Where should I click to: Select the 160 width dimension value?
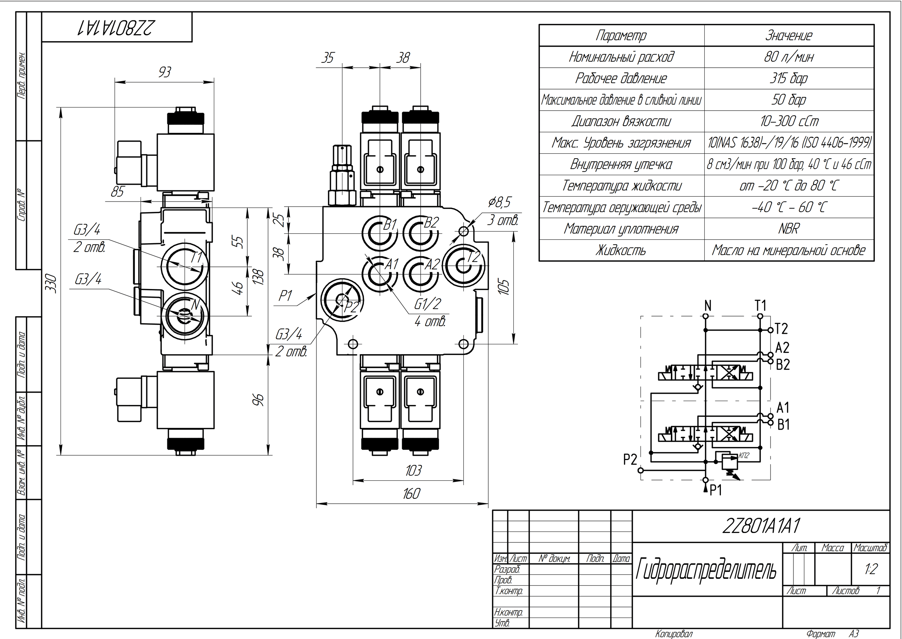click(x=412, y=493)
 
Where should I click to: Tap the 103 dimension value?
click(x=413, y=470)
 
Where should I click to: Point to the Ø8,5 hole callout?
click(x=499, y=203)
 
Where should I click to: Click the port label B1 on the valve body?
click(x=390, y=225)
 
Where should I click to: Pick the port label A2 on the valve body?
click(x=432, y=264)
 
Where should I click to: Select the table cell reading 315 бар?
click(x=788, y=78)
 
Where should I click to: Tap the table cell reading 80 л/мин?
click(x=788, y=57)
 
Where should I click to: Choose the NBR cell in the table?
click(x=788, y=229)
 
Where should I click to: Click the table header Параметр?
click(x=621, y=36)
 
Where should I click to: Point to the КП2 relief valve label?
click(x=743, y=456)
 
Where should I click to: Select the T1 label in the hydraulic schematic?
click(x=760, y=305)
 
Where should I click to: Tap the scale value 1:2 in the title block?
click(x=871, y=569)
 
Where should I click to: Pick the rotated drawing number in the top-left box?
click(x=117, y=27)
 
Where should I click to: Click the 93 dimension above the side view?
click(x=165, y=72)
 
